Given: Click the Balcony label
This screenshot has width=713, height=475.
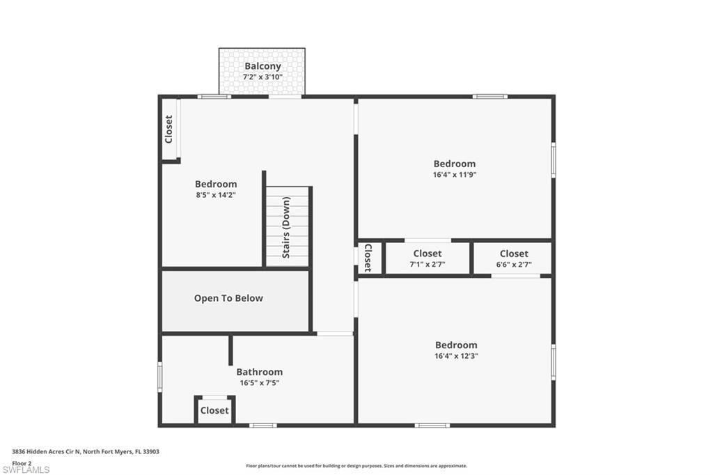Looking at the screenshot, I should point(263,66).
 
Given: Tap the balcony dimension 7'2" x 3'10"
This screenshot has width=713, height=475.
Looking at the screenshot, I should point(263,77).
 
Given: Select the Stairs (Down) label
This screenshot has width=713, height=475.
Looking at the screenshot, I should point(287,227).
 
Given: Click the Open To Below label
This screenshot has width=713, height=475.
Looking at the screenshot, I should point(228,298).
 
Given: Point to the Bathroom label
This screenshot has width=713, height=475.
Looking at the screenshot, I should point(259,372).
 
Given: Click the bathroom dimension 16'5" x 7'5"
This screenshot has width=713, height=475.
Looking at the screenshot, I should point(259,382).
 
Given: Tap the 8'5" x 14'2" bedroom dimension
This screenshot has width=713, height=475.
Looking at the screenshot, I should point(216,195).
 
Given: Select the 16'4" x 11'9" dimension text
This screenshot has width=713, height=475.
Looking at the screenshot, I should point(454,175).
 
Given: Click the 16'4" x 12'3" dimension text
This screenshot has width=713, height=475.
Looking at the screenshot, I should point(456,356).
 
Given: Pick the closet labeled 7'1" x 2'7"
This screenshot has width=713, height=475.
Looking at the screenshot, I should point(427,258).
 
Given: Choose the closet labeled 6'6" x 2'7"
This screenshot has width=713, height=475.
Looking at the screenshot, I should point(513,258).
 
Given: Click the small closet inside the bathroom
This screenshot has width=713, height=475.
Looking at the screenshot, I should point(214,410).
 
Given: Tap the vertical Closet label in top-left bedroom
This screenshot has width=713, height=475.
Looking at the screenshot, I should point(169,130).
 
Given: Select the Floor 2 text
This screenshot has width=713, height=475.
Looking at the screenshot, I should point(22,462).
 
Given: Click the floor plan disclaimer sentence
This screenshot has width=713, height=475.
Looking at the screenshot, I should point(356,466).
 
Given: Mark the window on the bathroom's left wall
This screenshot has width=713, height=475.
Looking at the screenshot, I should point(159,377).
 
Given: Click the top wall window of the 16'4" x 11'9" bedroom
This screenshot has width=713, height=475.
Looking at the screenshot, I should point(489,96).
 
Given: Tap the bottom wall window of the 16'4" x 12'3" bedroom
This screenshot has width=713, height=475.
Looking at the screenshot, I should point(432,425).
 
